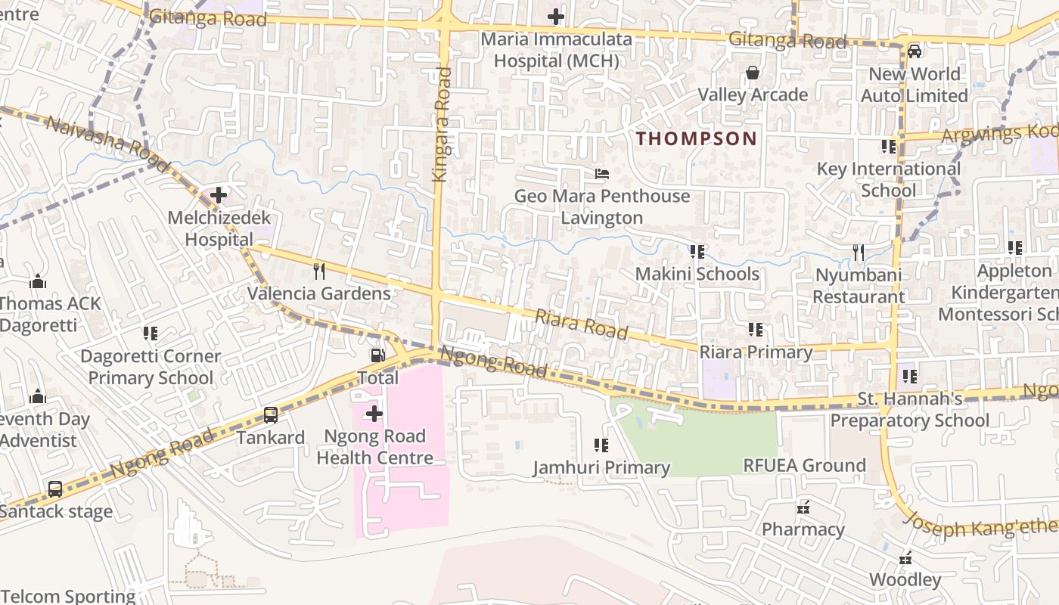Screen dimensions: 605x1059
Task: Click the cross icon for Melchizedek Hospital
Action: point(219,196)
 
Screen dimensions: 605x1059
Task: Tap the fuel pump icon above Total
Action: point(377,355)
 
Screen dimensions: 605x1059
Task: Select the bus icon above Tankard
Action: point(271,414)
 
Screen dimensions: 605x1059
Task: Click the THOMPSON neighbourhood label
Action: point(696,138)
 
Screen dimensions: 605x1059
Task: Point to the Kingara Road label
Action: point(441,125)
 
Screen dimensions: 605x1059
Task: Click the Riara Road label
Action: point(581,324)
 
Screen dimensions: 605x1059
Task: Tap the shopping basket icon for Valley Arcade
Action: point(753,73)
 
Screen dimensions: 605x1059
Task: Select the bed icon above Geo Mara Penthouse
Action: point(602,174)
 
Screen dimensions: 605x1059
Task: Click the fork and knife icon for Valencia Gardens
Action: point(319,271)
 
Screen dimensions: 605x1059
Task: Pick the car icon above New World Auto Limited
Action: point(915,51)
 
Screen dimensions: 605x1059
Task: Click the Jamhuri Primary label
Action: point(601,468)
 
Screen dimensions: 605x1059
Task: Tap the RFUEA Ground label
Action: point(804,465)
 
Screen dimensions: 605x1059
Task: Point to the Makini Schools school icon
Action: point(697,251)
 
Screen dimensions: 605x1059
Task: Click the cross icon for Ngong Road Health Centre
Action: point(374,414)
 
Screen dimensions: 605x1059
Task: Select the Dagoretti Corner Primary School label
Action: point(151,367)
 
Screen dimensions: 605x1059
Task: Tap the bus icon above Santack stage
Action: point(55,489)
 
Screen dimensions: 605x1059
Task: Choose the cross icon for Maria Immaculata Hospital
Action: point(556,16)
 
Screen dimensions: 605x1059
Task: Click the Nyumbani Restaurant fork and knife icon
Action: point(858,253)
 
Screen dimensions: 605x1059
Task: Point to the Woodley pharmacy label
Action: point(905,580)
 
